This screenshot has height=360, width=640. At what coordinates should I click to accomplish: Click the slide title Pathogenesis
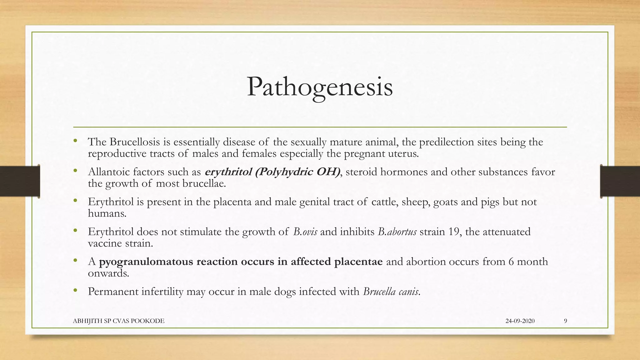pyautogui.click(x=319, y=87)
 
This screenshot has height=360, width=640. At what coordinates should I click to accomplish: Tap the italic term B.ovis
pyautogui.click(x=305, y=232)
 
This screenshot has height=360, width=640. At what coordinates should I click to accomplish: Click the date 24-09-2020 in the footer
pyautogui.click(x=520, y=321)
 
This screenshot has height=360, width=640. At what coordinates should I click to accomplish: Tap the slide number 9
pyautogui.click(x=566, y=321)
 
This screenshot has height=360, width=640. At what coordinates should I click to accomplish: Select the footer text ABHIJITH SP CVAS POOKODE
pyautogui.click(x=118, y=321)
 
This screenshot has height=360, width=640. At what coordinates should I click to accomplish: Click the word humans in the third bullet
pyautogui.click(x=107, y=214)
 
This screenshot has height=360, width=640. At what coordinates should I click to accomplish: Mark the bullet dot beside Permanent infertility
pyautogui.click(x=75, y=291)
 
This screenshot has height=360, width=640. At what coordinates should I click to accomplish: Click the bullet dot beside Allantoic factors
pyautogui.click(x=75, y=171)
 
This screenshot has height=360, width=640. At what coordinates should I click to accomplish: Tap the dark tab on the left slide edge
pyautogui.click(x=20, y=181)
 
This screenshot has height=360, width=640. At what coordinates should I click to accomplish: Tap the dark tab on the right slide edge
pyautogui.click(x=620, y=181)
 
